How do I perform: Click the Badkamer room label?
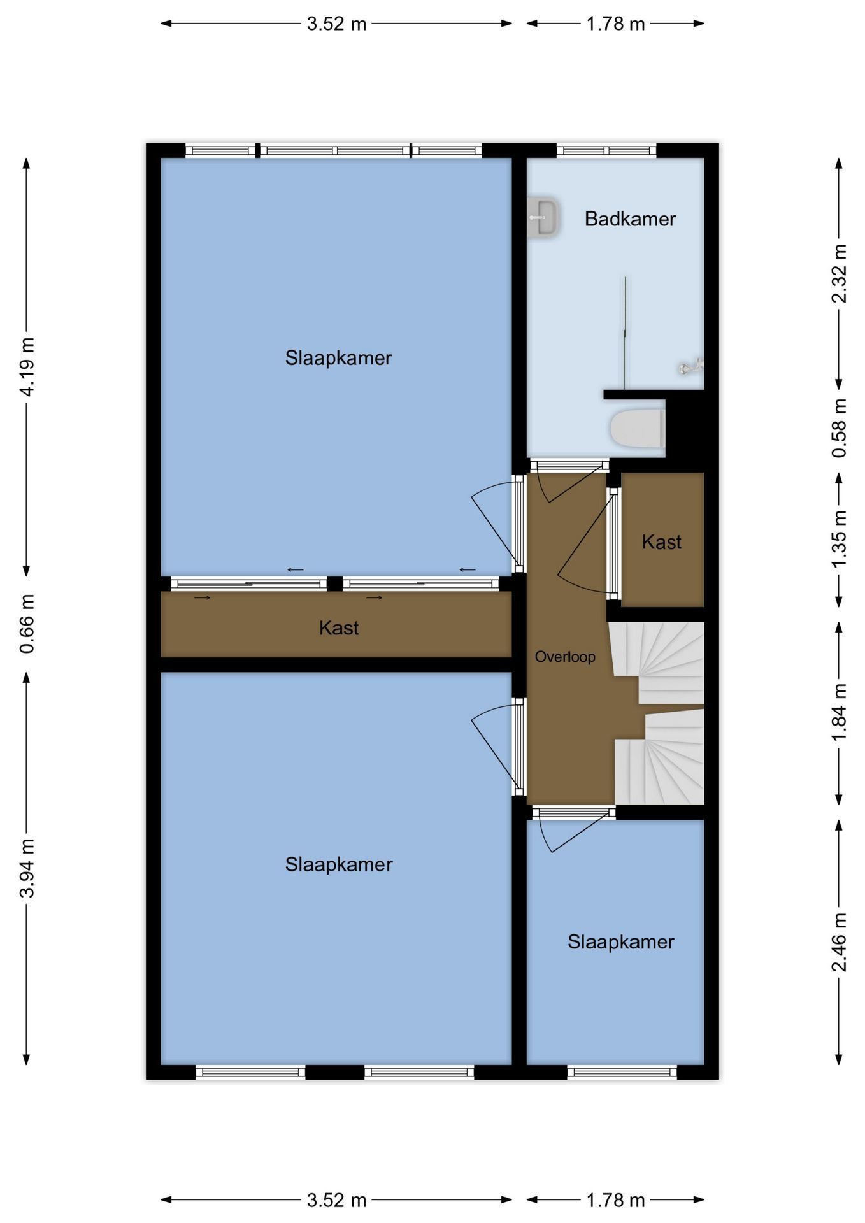630,219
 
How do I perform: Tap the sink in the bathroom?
543,218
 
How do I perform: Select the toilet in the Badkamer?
638,428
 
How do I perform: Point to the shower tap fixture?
690,366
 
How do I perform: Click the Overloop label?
565,657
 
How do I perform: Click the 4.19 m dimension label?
27,367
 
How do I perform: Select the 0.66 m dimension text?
27,624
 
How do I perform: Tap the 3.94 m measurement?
27,868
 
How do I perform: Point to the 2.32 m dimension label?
840,273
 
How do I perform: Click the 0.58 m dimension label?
840,428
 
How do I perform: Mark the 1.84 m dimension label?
840,712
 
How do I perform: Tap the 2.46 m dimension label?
840,942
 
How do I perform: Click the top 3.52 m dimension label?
336,24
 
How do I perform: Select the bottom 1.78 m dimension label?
615,1201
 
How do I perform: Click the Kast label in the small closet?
662,542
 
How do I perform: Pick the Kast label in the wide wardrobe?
339,628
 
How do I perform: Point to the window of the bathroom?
606,150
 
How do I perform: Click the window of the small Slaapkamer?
622,1073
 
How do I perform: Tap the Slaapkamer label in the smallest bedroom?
621,942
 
